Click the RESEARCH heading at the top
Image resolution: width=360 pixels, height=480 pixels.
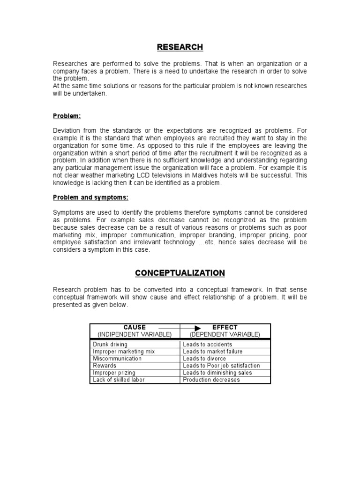click(x=180, y=47)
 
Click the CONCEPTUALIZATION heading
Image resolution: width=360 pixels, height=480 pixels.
click(x=180, y=273)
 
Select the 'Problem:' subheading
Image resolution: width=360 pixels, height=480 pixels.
click(x=67, y=116)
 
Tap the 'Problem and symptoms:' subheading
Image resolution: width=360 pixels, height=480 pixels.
click(x=90, y=197)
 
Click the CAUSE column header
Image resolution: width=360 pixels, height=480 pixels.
click(x=135, y=327)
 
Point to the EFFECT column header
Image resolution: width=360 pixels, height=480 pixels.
click(x=225, y=327)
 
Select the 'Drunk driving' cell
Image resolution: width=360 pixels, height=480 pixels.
click(x=110, y=345)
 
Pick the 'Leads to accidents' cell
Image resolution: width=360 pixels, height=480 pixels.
click(x=207, y=345)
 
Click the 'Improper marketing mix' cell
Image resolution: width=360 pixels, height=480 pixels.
click(x=124, y=352)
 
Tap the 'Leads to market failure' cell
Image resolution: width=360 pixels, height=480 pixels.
click(x=213, y=352)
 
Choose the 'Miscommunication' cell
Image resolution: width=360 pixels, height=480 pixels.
click(x=117, y=359)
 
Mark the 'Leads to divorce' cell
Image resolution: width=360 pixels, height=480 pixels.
click(x=204, y=359)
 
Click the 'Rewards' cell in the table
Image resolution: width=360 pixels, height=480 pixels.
click(x=105, y=366)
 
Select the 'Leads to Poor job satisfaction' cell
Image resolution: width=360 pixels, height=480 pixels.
click(x=221, y=366)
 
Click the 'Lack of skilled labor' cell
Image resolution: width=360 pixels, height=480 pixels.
click(x=119, y=380)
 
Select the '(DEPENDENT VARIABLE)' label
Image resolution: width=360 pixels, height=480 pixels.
click(x=225, y=334)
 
